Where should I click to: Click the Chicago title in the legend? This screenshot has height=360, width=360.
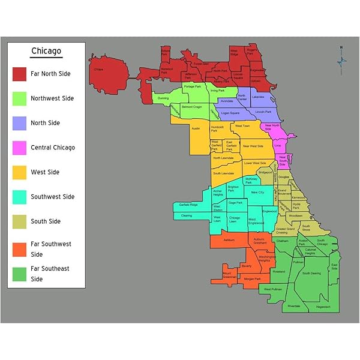46,51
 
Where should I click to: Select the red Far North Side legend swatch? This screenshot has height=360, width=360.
20,74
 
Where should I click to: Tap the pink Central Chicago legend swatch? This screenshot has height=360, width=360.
20,148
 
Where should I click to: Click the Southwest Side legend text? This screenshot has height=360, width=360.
52,197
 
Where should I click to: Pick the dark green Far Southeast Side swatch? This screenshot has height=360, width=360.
20,274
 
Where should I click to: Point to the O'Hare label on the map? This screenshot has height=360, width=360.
98,69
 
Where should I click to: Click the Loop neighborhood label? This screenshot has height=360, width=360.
277,145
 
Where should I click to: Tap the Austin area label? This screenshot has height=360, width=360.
196,128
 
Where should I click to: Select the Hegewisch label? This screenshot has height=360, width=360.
323,307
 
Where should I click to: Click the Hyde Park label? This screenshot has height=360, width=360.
296,206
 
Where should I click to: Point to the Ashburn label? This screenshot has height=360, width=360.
229,240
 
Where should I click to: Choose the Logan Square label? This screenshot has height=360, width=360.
230,113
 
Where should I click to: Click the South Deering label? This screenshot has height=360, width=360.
311,273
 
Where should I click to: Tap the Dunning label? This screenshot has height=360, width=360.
163,97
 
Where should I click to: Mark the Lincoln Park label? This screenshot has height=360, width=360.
263,112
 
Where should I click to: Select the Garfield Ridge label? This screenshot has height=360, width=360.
188,205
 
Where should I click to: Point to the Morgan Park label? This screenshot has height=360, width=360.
253,279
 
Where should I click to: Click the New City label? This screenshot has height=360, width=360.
257,193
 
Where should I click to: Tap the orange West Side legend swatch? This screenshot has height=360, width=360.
20,172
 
